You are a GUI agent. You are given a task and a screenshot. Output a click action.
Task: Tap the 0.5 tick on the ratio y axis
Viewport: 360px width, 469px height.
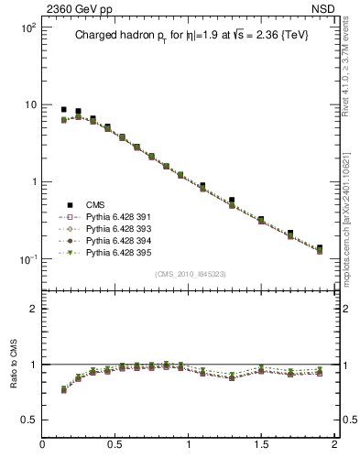[x=27, y=420]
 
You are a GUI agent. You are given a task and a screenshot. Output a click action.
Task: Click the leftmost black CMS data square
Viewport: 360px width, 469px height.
[x=63, y=109]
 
